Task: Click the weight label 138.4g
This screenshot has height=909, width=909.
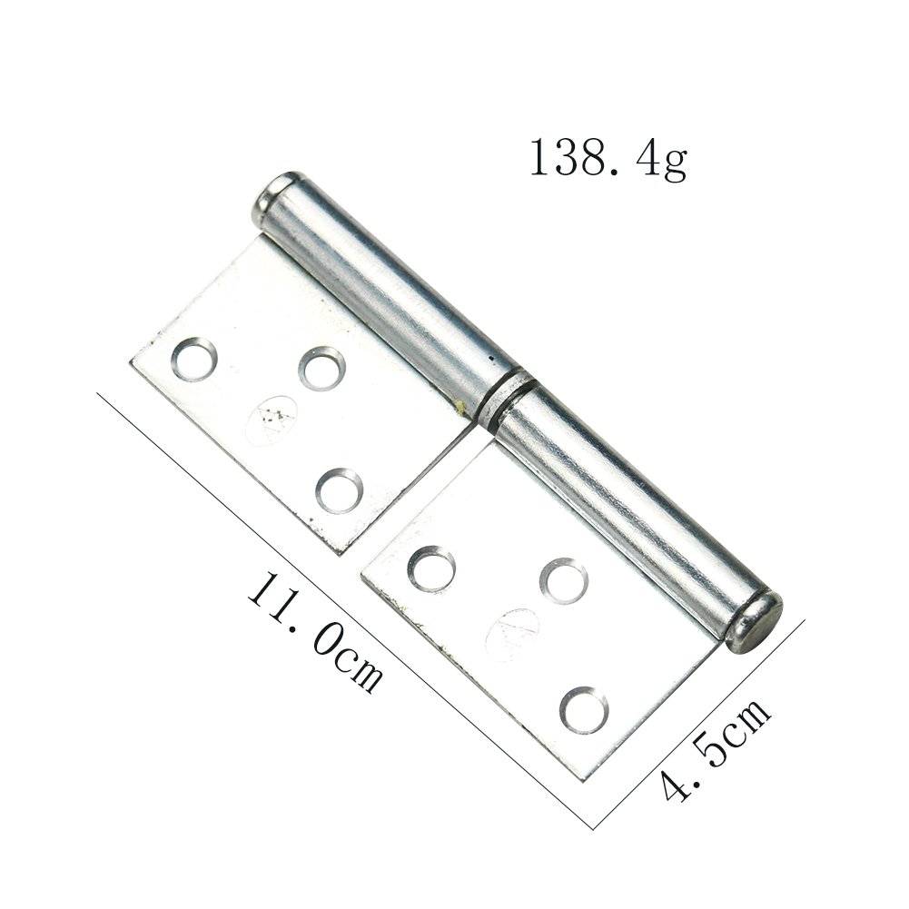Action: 608,158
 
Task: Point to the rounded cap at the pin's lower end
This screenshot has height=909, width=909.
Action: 755,623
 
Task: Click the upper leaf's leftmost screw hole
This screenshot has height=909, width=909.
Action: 193,360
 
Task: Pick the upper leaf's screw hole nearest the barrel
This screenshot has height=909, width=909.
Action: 322,368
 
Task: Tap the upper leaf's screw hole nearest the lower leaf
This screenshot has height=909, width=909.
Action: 339,490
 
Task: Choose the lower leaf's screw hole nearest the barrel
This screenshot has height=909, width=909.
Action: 564,581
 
